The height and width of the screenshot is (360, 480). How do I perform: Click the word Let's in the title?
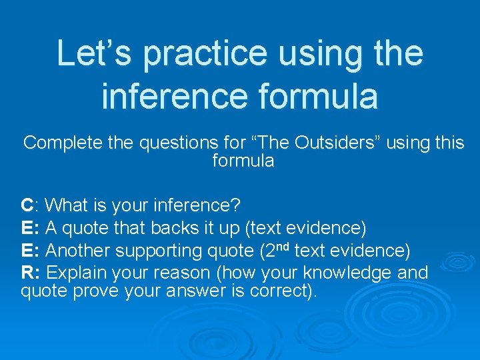93,53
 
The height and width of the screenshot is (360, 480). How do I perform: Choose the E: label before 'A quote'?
31,228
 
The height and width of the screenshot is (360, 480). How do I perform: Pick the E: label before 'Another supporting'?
31,251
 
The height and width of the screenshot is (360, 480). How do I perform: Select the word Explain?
75,273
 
